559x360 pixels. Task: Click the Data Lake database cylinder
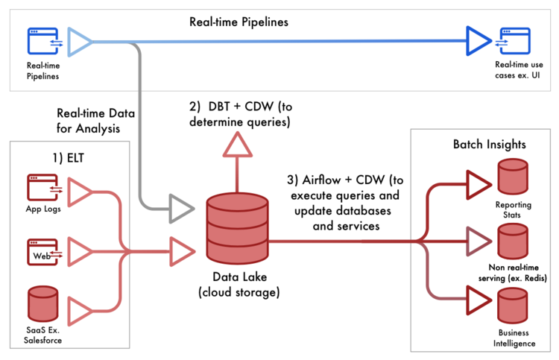click(238, 229)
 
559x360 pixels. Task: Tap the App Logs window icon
click(42, 187)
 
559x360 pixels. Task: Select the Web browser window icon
click(42, 252)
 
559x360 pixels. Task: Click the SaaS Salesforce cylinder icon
click(42, 303)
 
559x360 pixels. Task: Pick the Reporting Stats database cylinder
click(513, 177)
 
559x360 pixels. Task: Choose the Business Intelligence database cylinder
click(513, 306)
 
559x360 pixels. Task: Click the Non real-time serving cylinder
click(513, 241)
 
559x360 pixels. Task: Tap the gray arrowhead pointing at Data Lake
click(182, 209)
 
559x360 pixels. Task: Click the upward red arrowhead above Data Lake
click(238, 145)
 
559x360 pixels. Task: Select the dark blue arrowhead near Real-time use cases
click(479, 41)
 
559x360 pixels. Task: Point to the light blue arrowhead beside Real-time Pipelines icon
click(80, 42)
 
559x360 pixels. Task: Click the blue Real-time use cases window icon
click(513, 41)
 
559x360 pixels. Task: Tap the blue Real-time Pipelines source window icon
click(44, 41)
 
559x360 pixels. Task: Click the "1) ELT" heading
click(68, 157)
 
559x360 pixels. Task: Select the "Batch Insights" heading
click(490, 145)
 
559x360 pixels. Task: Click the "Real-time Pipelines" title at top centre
click(239, 22)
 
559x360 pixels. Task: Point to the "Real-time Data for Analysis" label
click(95, 121)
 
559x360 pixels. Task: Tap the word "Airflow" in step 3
click(321, 180)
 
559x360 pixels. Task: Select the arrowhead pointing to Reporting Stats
click(479, 185)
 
